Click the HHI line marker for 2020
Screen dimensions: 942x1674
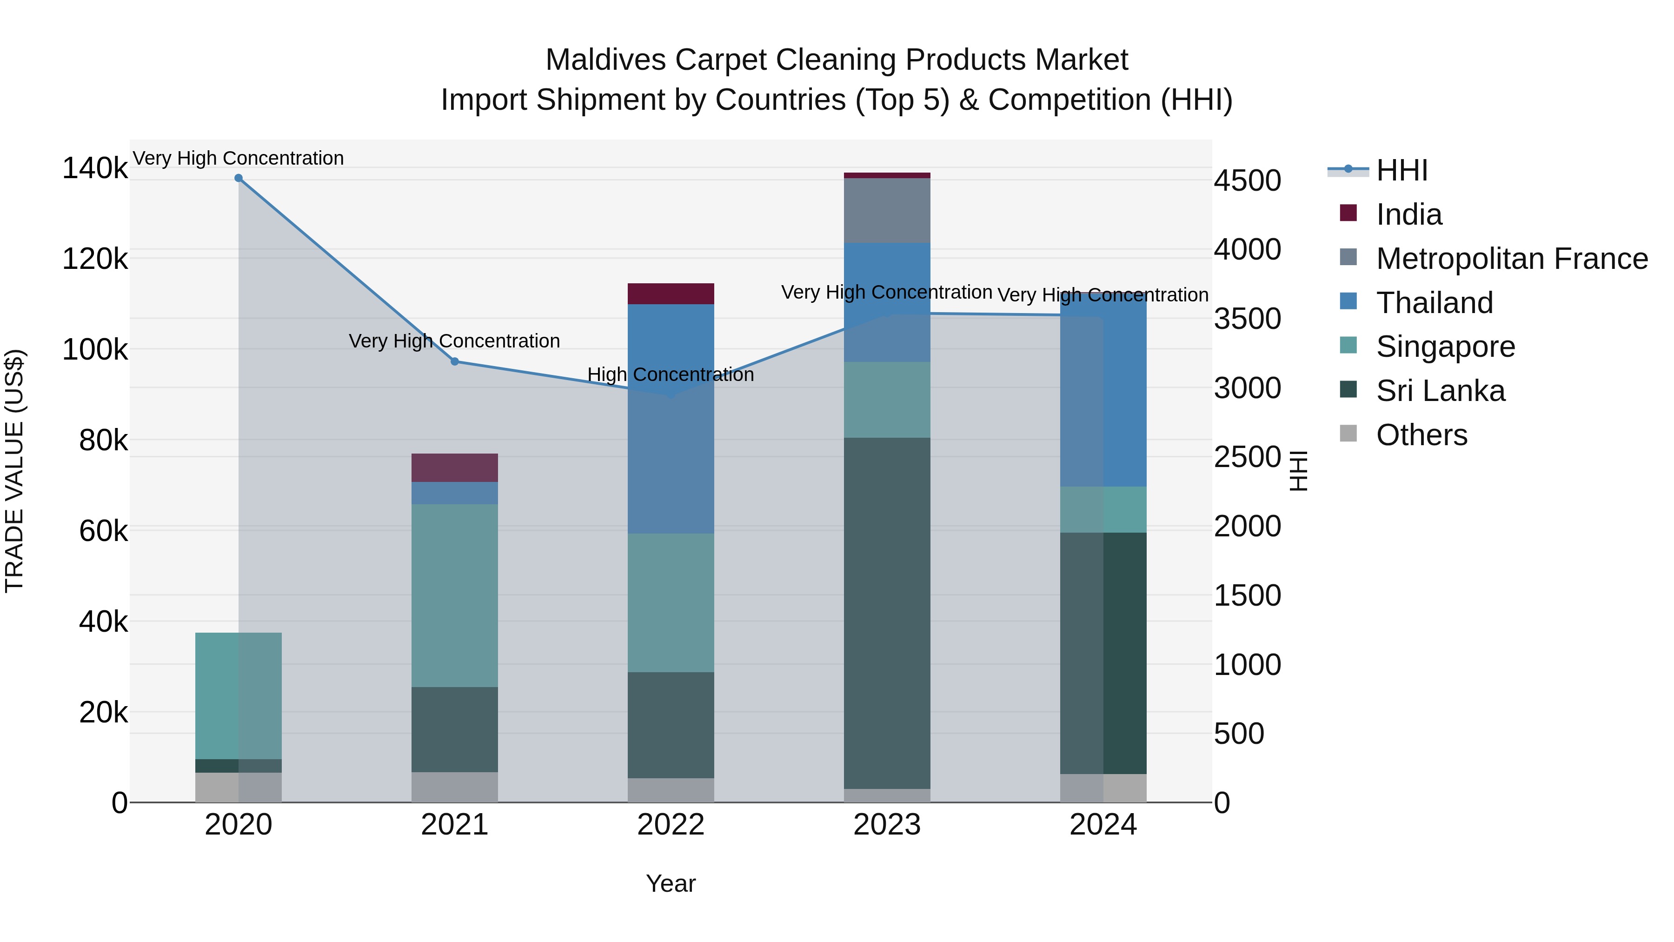click(239, 178)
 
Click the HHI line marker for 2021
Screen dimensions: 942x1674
click(455, 361)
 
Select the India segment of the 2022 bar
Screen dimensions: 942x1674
click(671, 294)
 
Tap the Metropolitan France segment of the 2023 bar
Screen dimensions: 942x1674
click(887, 211)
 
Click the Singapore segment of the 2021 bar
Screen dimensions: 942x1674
click(455, 595)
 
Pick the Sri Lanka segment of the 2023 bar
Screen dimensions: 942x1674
click(887, 613)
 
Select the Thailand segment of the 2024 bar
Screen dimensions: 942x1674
click(1103, 390)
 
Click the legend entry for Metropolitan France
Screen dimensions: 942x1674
click(1512, 259)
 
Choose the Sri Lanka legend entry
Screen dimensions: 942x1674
click(1440, 391)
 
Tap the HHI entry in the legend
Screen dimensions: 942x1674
click(1402, 170)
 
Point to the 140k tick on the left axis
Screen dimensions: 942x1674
click(95, 168)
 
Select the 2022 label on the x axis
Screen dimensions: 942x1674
click(671, 825)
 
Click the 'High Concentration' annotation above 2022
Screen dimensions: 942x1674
click(671, 374)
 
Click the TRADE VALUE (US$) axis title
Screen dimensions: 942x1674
click(14, 471)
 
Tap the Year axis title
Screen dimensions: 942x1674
click(671, 883)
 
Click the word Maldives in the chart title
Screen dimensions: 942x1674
click(605, 60)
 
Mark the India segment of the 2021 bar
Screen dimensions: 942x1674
click(455, 468)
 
